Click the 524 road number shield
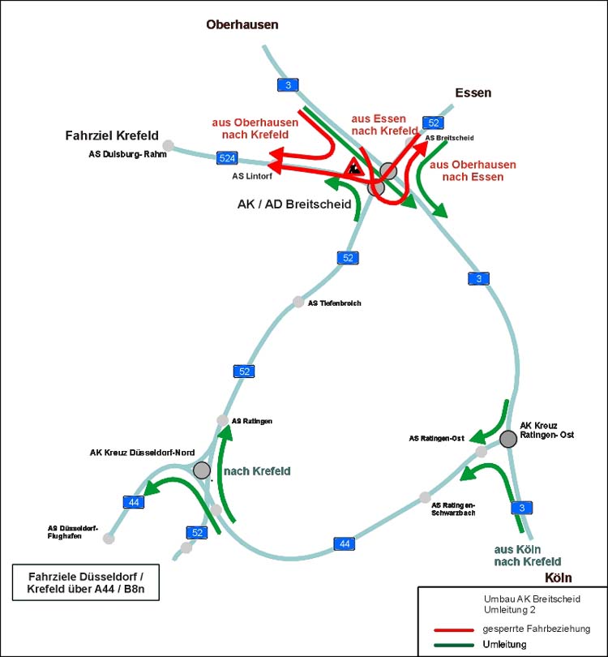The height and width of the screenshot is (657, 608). pyautogui.click(x=228, y=157)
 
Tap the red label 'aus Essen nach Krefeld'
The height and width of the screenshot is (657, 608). pyautogui.click(x=385, y=124)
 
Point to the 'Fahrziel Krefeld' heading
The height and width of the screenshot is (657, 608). pyautogui.click(x=112, y=135)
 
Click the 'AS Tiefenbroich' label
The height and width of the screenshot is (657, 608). pyautogui.click(x=334, y=303)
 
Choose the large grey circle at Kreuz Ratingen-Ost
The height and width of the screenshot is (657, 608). pyautogui.click(x=508, y=439)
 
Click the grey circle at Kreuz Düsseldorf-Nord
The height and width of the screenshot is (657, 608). pyautogui.click(x=202, y=470)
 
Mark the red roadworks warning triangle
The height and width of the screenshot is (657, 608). pyautogui.click(x=353, y=169)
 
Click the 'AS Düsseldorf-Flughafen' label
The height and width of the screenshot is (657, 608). pyautogui.click(x=73, y=531)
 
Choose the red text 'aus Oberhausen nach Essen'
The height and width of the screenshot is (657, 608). pyautogui.click(x=473, y=170)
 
